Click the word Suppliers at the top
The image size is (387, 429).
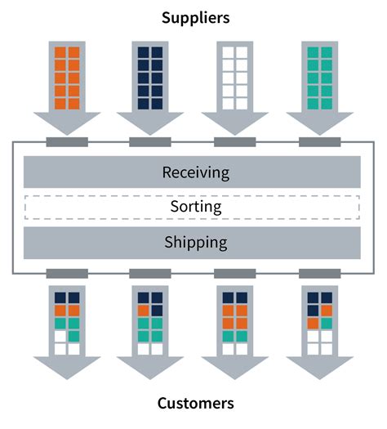(196, 18)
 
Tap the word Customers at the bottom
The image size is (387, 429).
(196, 404)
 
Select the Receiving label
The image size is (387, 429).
(196, 172)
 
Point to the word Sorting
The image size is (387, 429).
(196, 207)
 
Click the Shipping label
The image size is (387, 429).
(196, 243)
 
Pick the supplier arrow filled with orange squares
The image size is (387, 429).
(67, 87)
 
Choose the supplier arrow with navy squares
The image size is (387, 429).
(150, 87)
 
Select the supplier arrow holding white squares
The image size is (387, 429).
(235, 87)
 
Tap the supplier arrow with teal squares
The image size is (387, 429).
(320, 87)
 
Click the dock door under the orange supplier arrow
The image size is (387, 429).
(67, 142)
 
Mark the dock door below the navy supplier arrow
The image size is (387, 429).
(150, 142)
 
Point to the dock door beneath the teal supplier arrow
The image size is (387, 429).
(320, 142)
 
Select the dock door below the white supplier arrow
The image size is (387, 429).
(235, 142)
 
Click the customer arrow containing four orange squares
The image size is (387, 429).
(235, 333)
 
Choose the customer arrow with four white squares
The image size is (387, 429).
(320, 333)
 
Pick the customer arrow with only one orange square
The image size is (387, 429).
(150, 333)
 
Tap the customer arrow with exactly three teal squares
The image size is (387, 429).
(67, 333)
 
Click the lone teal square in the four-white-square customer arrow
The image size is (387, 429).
(327, 324)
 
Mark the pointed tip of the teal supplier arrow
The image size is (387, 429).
(320, 135)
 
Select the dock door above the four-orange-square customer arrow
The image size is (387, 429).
(235, 274)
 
